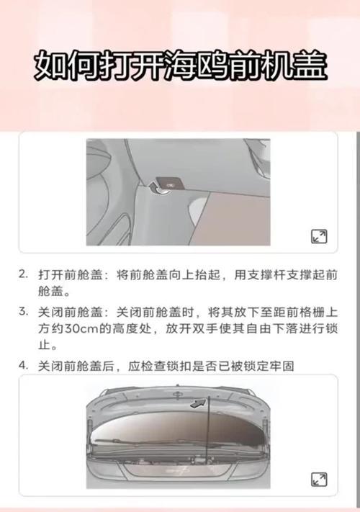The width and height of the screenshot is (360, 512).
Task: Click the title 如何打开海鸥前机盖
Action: [x=181, y=66]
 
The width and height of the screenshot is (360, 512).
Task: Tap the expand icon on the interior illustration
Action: [x=319, y=236]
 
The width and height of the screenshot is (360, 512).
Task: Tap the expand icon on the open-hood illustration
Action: [x=319, y=480]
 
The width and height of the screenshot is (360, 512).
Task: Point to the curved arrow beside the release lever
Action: [x=156, y=188]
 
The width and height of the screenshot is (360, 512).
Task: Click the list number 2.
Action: [x=23, y=274]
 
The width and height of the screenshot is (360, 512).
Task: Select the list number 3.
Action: [x=23, y=312]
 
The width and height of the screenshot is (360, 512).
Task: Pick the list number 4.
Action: [x=23, y=365]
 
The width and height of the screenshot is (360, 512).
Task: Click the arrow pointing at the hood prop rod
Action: [x=198, y=403]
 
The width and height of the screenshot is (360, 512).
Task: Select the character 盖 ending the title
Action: [x=311, y=66]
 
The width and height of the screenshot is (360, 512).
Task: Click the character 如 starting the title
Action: [x=50, y=66]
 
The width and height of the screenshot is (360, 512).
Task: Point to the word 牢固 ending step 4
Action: [x=282, y=366]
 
